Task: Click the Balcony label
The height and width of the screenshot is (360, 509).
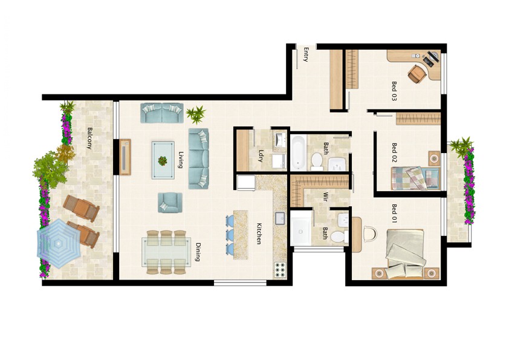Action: [89, 138]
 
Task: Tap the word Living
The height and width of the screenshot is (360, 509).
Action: [181, 160]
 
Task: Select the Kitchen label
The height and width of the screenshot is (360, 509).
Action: [259, 234]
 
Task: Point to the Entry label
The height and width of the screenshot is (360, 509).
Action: [305, 54]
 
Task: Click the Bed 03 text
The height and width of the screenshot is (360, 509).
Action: [394, 91]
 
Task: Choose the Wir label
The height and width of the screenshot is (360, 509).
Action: [325, 197]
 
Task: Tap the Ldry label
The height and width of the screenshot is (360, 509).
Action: [260, 155]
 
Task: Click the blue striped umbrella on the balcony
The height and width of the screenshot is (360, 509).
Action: [59, 243]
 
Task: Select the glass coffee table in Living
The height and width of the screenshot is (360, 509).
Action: [163, 160]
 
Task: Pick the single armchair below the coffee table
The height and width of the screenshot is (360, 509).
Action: [170, 203]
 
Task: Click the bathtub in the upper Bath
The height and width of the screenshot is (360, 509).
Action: [298, 152]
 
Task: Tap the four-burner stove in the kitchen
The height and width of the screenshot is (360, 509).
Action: [280, 270]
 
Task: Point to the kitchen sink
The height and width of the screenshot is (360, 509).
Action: [280, 218]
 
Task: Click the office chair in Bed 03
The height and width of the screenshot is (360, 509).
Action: [417, 74]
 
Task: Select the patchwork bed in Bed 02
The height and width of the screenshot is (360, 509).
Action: [415, 178]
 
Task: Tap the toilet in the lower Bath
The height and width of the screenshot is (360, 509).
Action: [340, 236]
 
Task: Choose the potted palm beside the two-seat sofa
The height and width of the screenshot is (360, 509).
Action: [196, 114]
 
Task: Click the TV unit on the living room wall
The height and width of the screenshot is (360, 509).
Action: [125, 157]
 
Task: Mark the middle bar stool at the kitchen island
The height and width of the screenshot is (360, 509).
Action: [230, 234]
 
